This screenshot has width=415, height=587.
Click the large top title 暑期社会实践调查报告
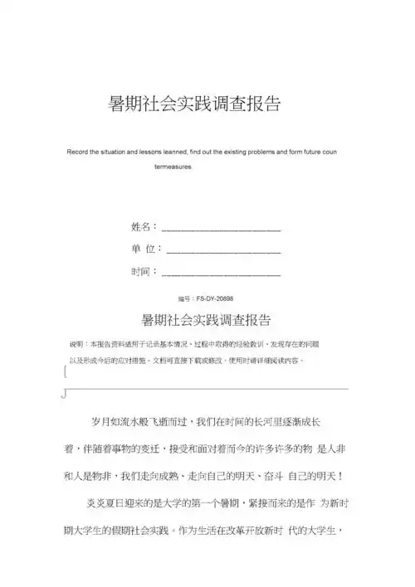pyautogui.click(x=195, y=103)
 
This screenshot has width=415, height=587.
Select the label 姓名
pyautogui.click(x=142, y=226)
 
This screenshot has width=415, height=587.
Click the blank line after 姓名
pyautogui.click(x=221, y=228)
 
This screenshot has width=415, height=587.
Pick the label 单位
pyautogui.click(x=144, y=249)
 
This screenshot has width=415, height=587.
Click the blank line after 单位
pyautogui.click(x=223, y=250)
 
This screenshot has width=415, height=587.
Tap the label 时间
pyautogui.click(x=142, y=271)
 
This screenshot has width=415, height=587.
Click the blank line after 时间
pyautogui.click(x=221, y=273)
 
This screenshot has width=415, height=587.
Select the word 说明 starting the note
pyautogui.click(x=76, y=343)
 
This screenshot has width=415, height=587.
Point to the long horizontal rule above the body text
pyautogui.click(x=207, y=388)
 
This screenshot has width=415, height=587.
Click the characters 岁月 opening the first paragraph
pyautogui.click(x=99, y=422)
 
